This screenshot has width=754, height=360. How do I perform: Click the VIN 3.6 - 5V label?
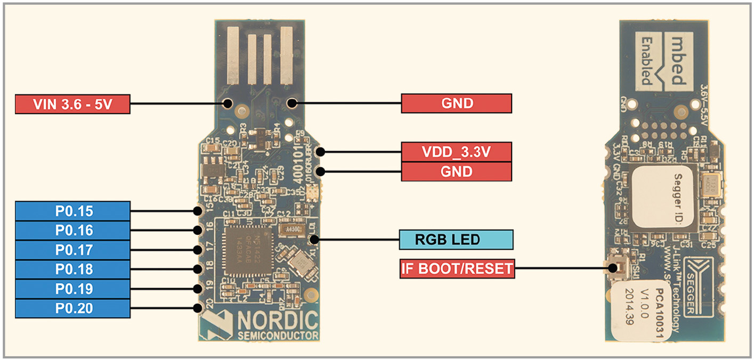[x=72, y=104]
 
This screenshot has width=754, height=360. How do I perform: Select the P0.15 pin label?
[x=73, y=211]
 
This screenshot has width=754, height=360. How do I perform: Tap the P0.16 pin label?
[x=73, y=231]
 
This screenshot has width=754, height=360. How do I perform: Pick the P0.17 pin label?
[x=73, y=250]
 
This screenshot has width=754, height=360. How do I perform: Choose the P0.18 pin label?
[x=73, y=269]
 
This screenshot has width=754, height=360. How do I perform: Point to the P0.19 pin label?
[x=73, y=289]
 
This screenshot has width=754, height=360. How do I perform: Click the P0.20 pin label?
[x=73, y=308]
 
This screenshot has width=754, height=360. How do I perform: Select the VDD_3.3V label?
[x=456, y=152]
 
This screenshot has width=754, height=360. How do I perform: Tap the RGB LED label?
[x=456, y=240]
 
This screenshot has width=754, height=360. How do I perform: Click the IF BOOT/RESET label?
[x=457, y=269]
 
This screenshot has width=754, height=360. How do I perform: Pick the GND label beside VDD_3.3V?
[x=456, y=171]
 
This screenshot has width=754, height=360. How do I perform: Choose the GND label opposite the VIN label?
[x=456, y=103]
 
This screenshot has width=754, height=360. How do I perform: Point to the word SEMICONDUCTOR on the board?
[x=278, y=335]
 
